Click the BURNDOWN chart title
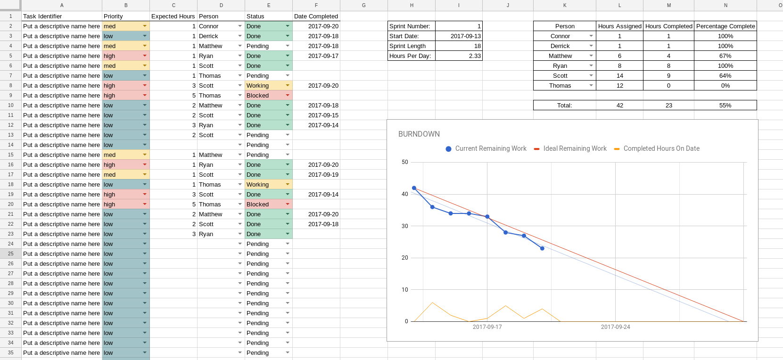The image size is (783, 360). (419, 134)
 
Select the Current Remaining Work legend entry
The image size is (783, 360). (490, 148)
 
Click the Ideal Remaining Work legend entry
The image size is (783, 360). (575, 148)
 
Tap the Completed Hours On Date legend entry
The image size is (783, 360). (661, 148)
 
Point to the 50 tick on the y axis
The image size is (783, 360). (405, 162)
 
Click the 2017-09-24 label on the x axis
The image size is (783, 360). (615, 327)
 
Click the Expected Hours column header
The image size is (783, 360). (173, 16)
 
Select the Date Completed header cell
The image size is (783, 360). (316, 16)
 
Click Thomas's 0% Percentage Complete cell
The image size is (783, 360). (725, 86)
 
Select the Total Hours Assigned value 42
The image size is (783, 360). (619, 106)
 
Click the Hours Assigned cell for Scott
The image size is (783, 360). (619, 76)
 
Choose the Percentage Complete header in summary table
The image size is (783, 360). (725, 26)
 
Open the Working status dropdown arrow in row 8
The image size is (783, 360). (288, 86)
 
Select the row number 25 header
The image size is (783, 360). (10, 254)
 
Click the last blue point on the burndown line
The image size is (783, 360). (542, 248)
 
